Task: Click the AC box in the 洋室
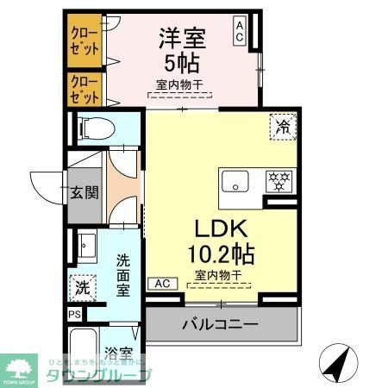[240, 32]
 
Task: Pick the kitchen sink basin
[235, 182]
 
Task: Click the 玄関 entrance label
[84, 191]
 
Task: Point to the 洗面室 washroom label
[123, 273]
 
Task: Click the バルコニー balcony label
[220, 326]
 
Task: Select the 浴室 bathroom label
[118, 354]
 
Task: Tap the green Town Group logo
[20, 367]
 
